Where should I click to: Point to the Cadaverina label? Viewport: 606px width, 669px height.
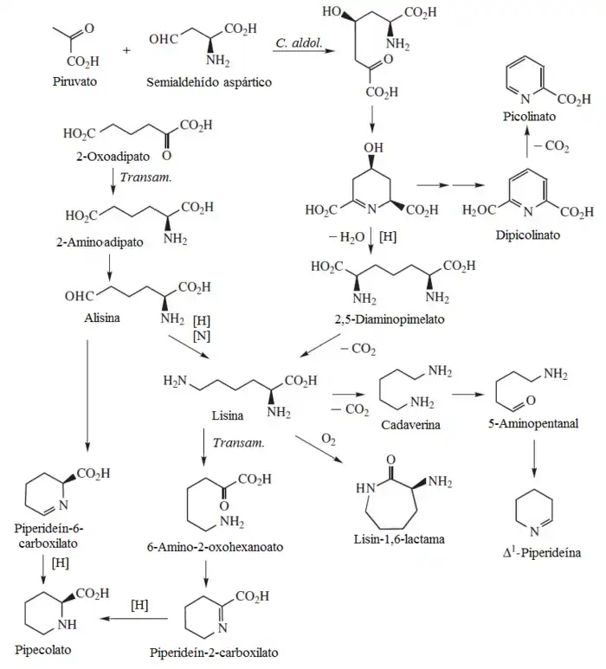coord(412,425)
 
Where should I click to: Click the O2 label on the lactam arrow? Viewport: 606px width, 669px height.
coord(328,440)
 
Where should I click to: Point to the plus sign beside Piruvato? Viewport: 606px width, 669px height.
coord(127,50)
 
